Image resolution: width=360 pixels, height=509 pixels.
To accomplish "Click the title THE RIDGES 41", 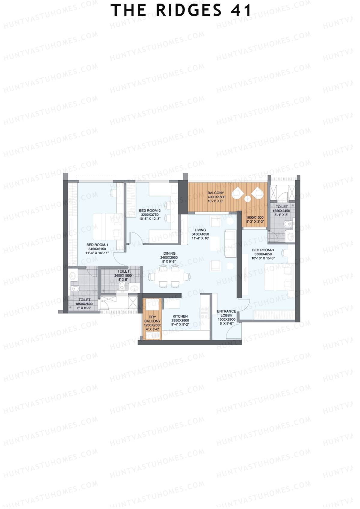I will (181, 10).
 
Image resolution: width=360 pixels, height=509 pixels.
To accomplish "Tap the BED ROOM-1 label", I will (97, 245).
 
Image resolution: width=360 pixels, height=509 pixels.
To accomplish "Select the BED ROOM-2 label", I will (150, 211).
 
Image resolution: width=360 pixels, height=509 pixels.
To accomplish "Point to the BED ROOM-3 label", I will (263, 250).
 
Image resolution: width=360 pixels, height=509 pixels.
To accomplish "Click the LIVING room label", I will (200, 230).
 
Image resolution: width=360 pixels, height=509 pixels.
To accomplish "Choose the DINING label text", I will (169, 253).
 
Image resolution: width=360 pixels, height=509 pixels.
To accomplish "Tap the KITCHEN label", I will (180, 316).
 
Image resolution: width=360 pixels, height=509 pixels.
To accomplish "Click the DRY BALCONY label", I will (152, 319).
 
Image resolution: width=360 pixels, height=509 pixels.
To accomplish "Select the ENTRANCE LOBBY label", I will (226, 313).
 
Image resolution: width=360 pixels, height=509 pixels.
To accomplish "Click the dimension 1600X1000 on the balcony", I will (255, 218).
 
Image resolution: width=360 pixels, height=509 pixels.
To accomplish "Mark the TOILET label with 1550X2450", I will (281, 207).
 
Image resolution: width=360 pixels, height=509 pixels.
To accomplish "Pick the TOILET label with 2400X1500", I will (123, 271).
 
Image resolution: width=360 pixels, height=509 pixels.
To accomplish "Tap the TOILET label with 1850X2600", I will (84, 300).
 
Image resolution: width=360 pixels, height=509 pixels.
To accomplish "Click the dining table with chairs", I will (169, 276).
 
